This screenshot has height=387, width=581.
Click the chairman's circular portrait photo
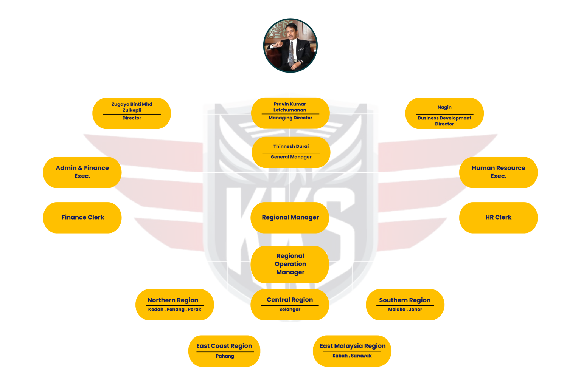290,46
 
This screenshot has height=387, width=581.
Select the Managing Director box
290,113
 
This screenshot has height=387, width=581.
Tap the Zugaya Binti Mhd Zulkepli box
132,113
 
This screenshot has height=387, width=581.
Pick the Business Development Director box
444,113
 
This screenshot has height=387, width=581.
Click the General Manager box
291,152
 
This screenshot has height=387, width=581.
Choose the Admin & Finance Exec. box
82,172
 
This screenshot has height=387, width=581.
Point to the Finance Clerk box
82,217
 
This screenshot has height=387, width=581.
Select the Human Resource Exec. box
498,172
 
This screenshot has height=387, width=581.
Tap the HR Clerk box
498,217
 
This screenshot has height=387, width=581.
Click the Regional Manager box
290,217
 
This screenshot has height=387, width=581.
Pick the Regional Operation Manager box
290,264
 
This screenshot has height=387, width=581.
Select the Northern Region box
174,304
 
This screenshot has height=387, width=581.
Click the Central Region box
290,304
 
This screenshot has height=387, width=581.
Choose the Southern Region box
405,304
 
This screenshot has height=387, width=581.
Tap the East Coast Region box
224,351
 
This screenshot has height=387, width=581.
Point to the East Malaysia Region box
352,351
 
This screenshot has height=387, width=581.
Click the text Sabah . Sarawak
352,356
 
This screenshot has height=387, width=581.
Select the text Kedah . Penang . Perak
174,310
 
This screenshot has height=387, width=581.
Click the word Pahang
225,356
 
